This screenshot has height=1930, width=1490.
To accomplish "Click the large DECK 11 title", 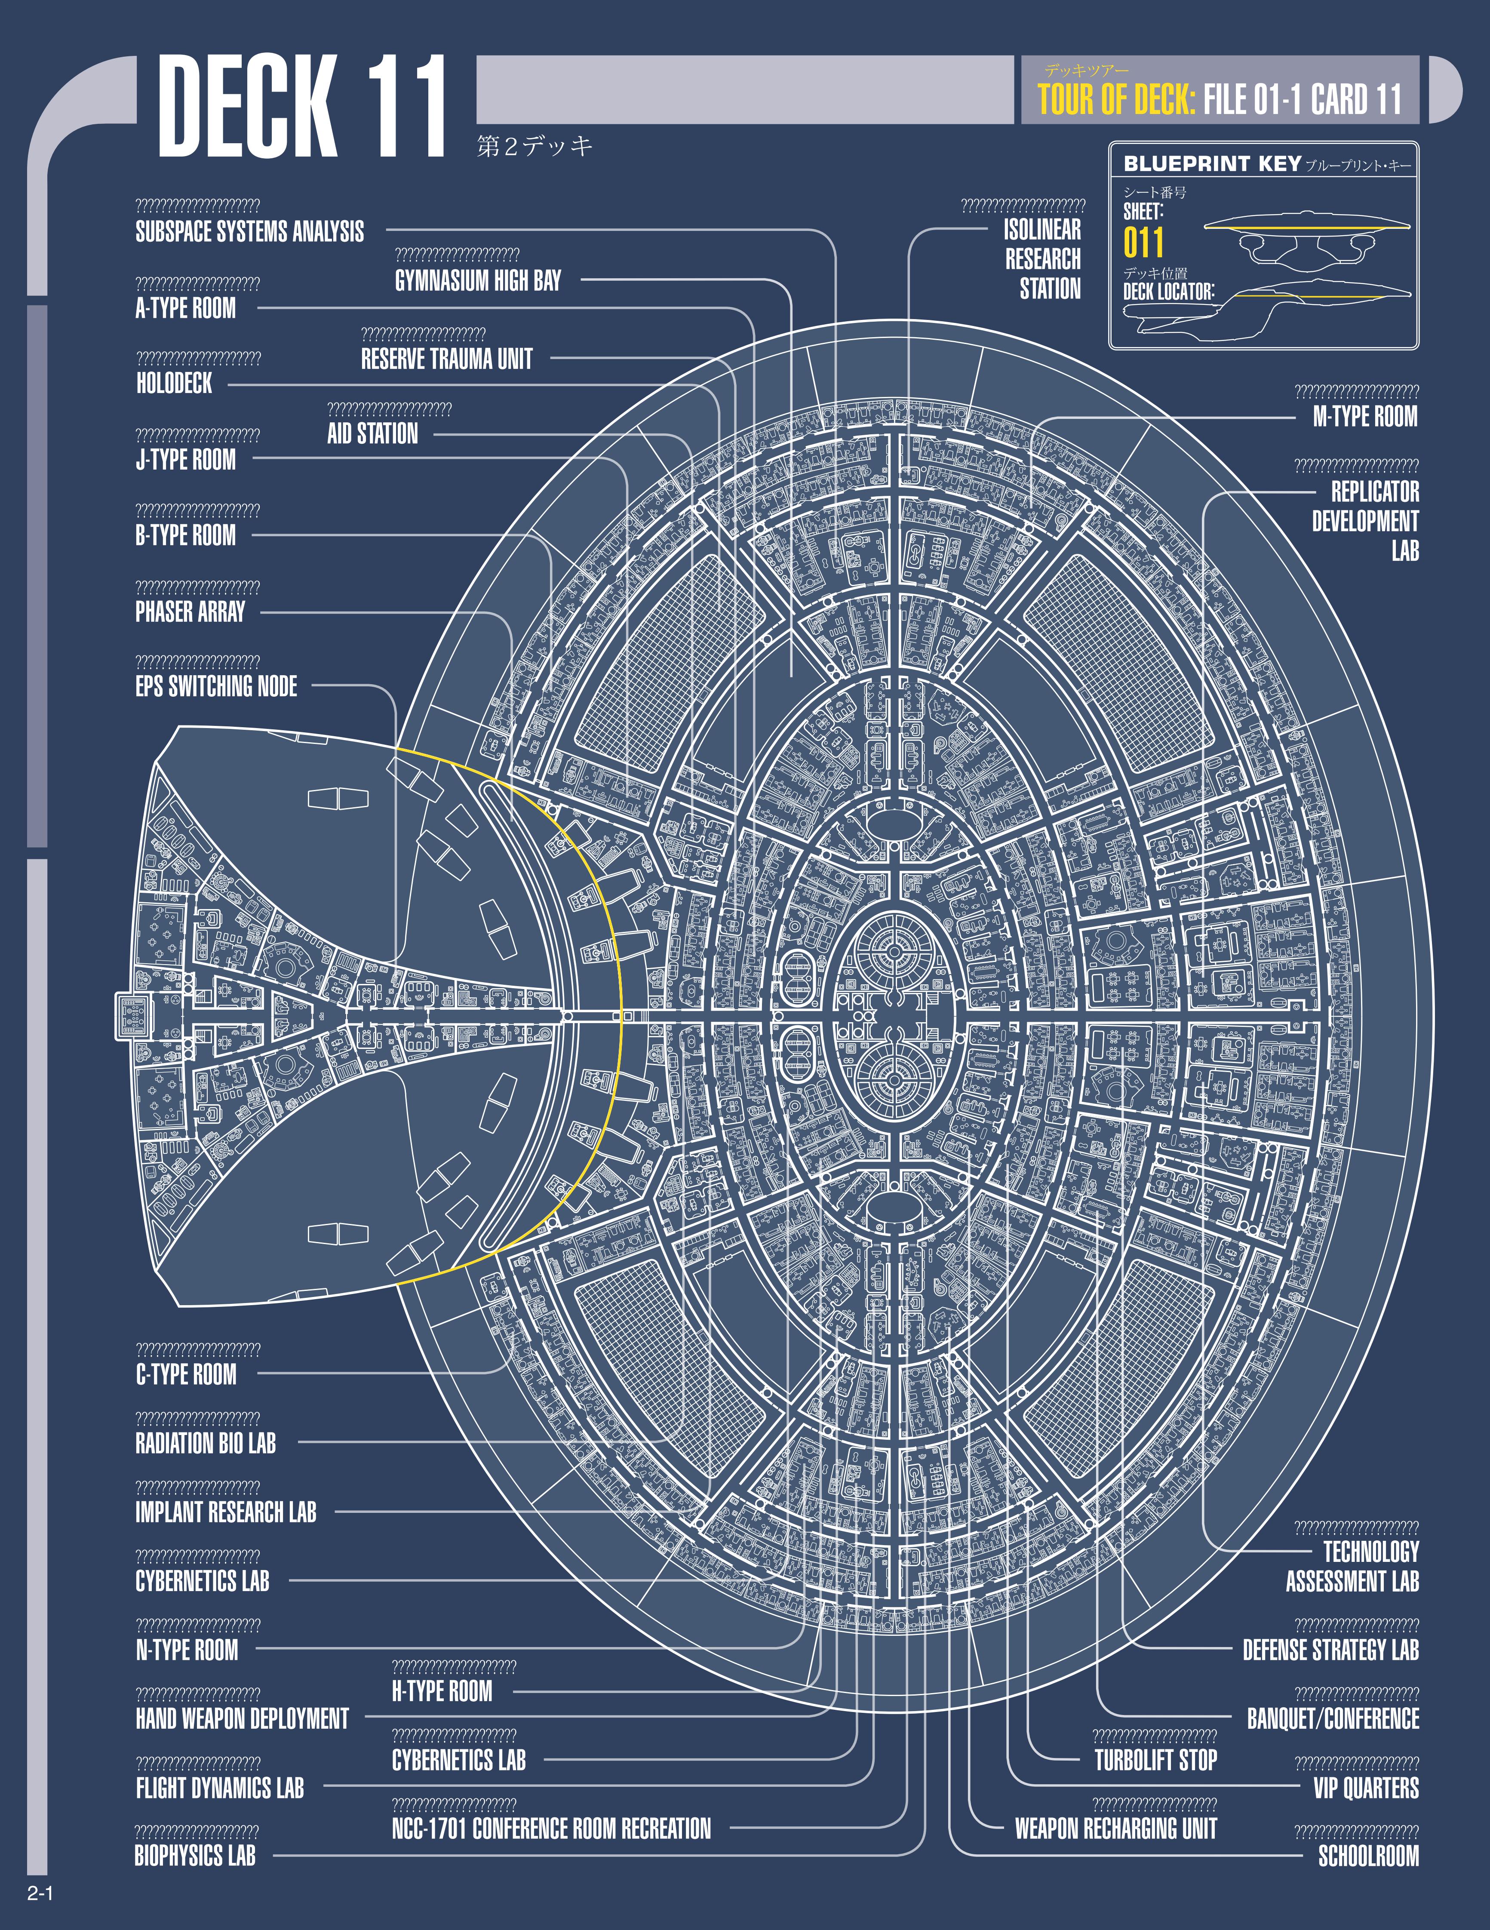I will point(301,108).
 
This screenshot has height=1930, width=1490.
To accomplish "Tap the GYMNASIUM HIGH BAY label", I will point(477,281).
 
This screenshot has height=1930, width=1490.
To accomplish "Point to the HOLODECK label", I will point(174,384).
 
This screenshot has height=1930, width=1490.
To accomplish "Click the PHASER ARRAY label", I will point(190,612).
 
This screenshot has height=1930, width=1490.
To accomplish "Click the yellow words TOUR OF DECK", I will point(1116,99).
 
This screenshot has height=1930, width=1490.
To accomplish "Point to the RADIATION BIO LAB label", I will point(205,1443).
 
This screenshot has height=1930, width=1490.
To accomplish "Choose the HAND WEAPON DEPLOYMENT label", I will point(242,1719).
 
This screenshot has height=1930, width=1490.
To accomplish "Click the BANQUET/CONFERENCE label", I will point(1333,1719).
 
